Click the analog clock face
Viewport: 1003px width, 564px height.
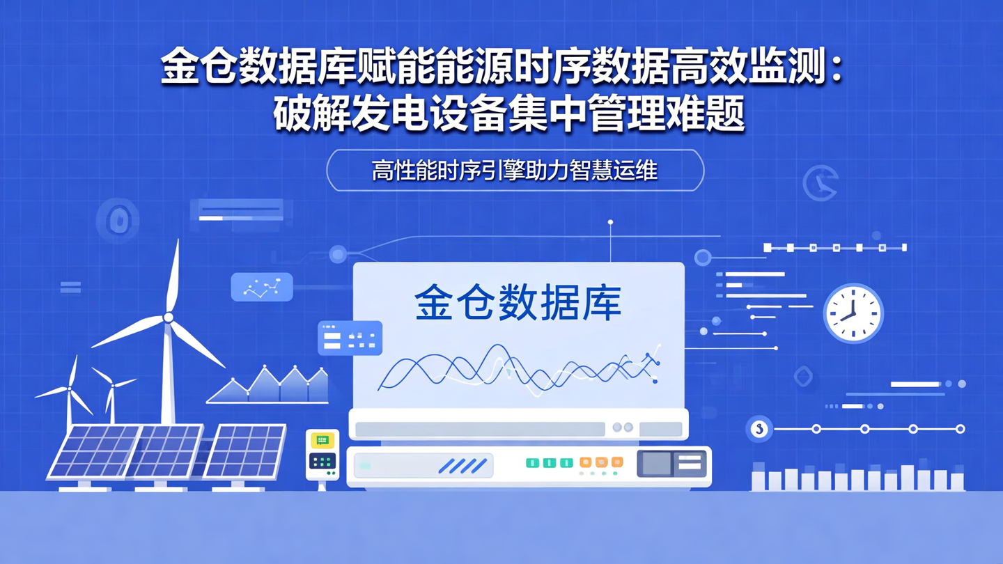coord(853,313)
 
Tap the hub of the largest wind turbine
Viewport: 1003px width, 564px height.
coord(168,318)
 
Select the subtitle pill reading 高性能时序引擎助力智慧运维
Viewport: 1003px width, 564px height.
coord(515,170)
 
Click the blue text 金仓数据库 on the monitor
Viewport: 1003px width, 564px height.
coord(518,301)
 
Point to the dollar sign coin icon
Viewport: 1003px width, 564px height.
coord(759,429)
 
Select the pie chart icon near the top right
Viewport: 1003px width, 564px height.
coord(820,182)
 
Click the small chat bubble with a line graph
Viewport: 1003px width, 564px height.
coord(262,287)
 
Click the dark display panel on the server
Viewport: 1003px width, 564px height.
coord(671,463)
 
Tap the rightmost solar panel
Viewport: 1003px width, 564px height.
coord(245,451)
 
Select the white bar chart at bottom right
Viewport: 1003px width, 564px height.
coord(857,477)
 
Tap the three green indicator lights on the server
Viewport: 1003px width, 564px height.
coord(550,462)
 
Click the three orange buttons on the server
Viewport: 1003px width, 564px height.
coord(601,462)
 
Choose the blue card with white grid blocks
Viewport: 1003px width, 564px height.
coord(350,338)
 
